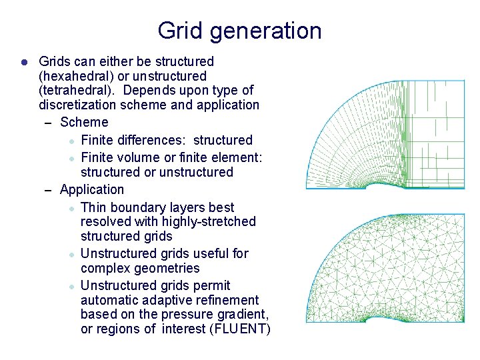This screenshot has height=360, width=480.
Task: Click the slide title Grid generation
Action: [x=239, y=31]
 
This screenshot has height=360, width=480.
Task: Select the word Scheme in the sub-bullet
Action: [x=84, y=122]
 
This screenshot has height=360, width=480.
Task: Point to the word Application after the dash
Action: [x=92, y=190]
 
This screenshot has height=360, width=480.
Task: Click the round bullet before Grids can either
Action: [x=23, y=62]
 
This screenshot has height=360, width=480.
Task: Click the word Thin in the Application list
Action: [x=93, y=207]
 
